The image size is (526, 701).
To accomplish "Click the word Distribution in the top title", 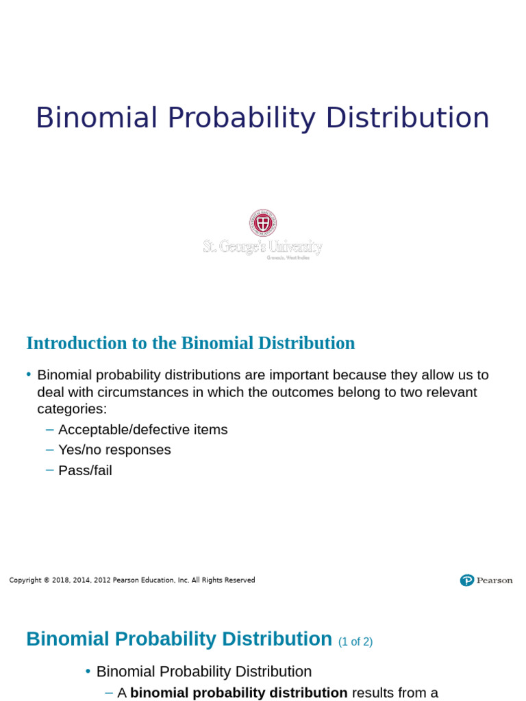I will click(408, 118).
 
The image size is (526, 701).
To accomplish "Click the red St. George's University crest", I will click(263, 223).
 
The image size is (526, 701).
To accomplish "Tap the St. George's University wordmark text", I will click(262, 246).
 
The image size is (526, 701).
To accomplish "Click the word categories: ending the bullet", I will click(72, 409).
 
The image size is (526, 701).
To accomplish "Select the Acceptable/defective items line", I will click(142, 430).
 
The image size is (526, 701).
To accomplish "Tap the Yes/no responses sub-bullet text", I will click(114, 450).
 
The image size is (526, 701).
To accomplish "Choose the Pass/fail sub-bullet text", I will click(85, 470).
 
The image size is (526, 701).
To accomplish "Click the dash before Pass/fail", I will click(49, 470).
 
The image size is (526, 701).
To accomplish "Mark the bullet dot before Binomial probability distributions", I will click(29, 374).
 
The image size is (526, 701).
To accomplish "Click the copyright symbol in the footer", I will click(47, 581).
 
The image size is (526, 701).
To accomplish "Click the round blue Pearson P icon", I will click(467, 581).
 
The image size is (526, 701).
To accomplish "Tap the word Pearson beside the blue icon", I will click(494, 581).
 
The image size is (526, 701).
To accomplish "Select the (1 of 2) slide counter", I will click(355, 642).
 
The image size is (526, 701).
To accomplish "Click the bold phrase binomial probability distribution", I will click(238, 693).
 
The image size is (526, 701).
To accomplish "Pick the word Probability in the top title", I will click(242, 118).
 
